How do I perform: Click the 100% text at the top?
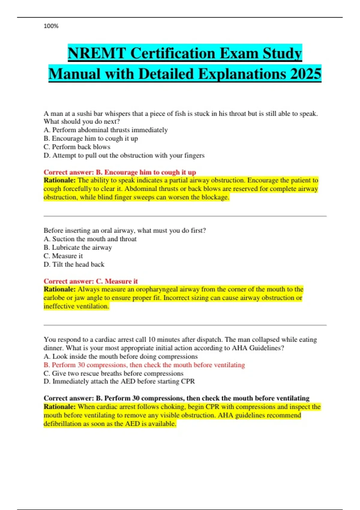[51, 26]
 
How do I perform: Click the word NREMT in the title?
[97, 53]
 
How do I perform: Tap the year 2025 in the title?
[306, 74]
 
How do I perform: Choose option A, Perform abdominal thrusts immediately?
[106, 130]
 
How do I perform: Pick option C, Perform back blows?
[77, 147]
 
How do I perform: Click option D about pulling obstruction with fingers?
[124, 155]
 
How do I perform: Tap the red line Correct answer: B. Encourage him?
[120, 172]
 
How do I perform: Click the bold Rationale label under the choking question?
[59, 180]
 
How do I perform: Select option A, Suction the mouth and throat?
[90, 239]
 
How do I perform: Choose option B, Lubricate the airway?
[78, 247]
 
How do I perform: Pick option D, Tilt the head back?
[74, 264]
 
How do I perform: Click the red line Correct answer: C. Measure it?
[91, 281]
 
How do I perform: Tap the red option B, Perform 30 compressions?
[144, 365]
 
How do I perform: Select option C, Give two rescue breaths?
[113, 373]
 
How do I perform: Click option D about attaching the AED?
[119, 381]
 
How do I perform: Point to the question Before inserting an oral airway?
[125, 230]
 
